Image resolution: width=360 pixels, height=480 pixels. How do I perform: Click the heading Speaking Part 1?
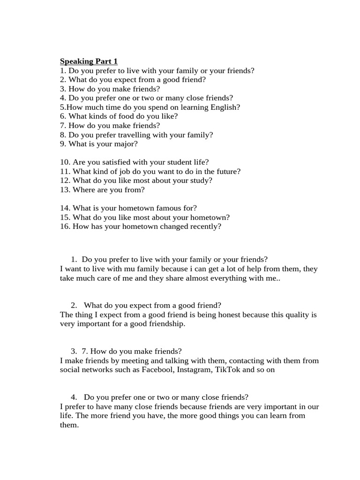click(89, 61)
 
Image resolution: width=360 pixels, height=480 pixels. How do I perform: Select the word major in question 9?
click(126, 144)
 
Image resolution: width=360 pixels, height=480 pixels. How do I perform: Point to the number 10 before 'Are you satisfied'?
click(65, 162)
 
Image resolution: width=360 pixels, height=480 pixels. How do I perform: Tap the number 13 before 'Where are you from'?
click(65, 190)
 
